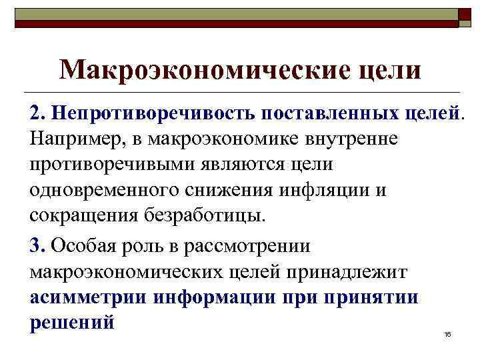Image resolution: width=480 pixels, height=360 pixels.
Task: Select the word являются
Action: pyautogui.click(x=243, y=165)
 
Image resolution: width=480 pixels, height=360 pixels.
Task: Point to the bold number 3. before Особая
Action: pyautogui.click(x=37, y=245)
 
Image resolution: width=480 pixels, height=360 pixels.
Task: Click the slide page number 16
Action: pyautogui.click(x=448, y=333)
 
